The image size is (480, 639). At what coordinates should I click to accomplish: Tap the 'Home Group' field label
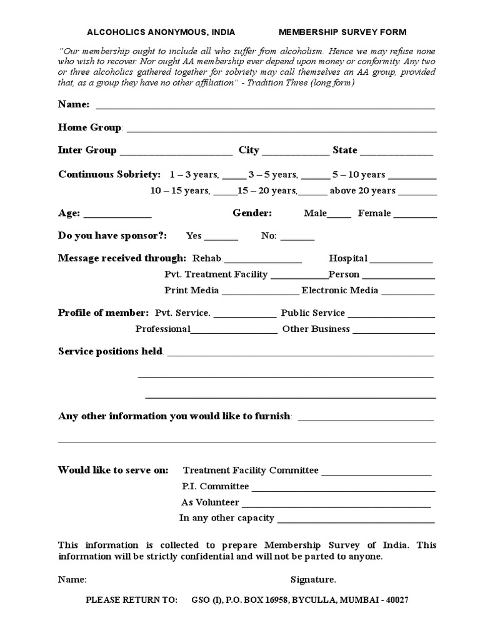click(89, 127)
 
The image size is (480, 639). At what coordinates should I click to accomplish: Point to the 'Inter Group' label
click(87, 150)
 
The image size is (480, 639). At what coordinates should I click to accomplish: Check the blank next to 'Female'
click(415, 217)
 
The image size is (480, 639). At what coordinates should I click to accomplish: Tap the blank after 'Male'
click(339, 217)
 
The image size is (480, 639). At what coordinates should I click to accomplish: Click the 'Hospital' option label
click(348, 258)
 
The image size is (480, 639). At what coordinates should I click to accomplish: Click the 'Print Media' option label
click(191, 290)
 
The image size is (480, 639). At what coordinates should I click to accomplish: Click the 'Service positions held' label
click(110, 351)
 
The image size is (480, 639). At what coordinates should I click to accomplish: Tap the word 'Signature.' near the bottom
click(313, 580)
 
